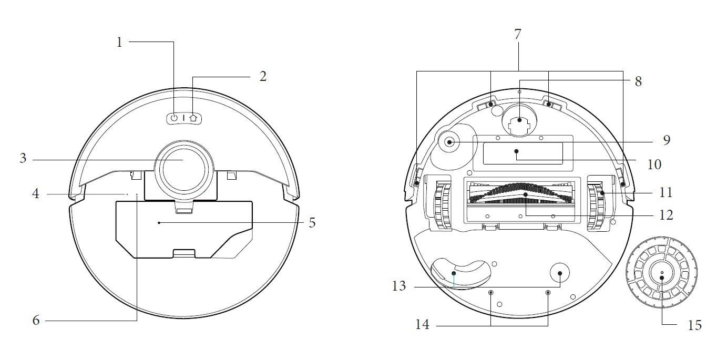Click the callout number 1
[x=119, y=42]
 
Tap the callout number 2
[x=263, y=77]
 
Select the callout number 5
[x=312, y=223]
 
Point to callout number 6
[x=36, y=321]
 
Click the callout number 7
[x=518, y=34]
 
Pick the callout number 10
[x=654, y=164]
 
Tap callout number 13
[x=399, y=286]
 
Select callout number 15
[x=695, y=325]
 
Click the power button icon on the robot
[x=175, y=118]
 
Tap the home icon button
[x=193, y=118]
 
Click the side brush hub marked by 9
[x=449, y=142]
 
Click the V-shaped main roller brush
[x=520, y=194]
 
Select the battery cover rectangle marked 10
[x=523, y=153]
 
